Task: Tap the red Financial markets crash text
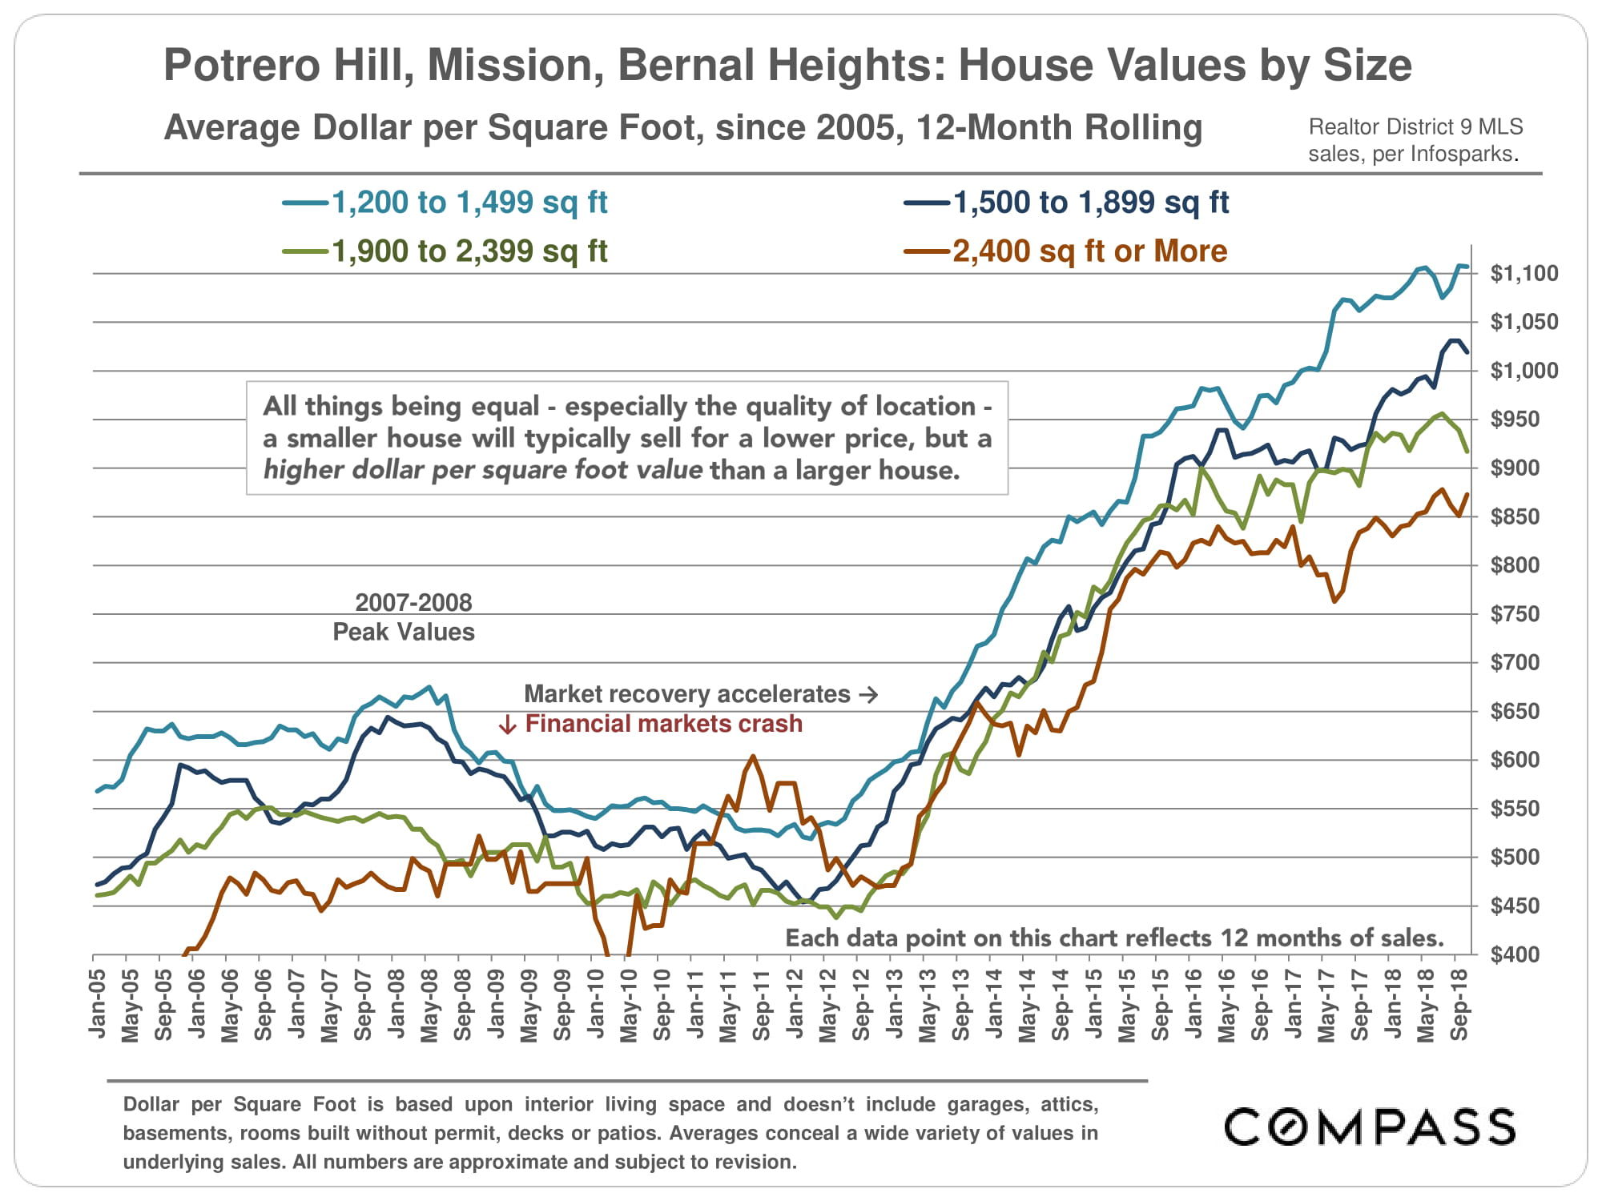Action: (663, 724)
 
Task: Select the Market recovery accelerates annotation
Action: (687, 694)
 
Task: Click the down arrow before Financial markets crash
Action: (507, 725)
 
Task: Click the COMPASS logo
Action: (1369, 1127)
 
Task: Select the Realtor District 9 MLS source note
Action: (1415, 127)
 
